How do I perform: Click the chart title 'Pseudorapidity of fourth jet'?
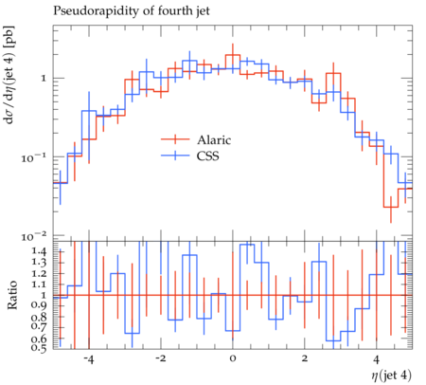132,11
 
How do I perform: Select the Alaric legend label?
214,139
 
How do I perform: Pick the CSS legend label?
207,156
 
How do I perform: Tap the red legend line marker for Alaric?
175,139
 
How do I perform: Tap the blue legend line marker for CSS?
175,156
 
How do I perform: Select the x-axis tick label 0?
233,359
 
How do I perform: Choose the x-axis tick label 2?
305,359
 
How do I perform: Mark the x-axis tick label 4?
377,359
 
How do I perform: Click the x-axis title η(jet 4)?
391,376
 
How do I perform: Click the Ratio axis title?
11,295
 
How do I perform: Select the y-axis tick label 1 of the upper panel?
44,78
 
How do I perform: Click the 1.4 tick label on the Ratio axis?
40,251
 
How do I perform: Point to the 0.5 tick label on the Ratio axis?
40,347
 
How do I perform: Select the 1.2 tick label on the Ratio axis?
40,273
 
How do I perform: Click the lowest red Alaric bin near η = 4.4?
391,208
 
